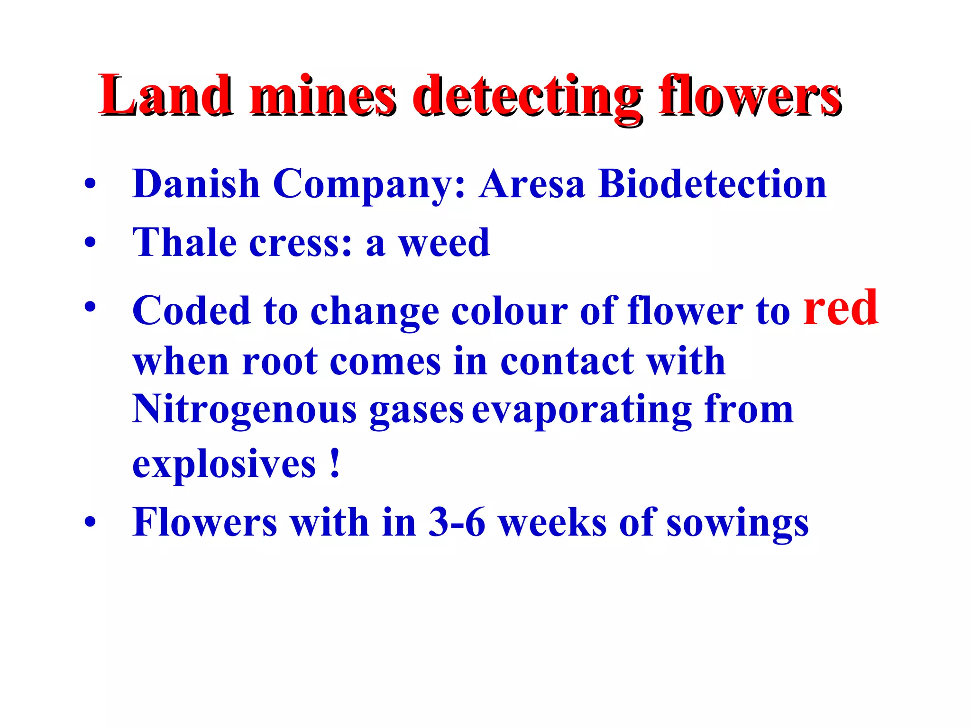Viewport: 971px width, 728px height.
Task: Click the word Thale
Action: point(184,243)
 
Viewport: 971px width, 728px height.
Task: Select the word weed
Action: point(444,243)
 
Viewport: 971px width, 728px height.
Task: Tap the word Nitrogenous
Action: point(244,410)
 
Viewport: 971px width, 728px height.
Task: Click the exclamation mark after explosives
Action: point(335,463)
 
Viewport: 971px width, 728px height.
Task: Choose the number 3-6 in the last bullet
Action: point(457,522)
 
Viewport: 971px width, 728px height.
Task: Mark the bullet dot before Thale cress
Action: point(90,244)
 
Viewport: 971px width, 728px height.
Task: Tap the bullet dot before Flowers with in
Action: point(90,523)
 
